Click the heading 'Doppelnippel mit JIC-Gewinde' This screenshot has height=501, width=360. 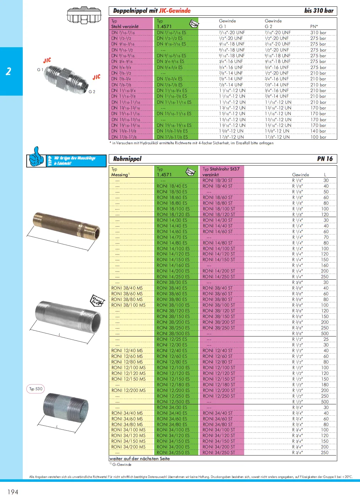[152, 11]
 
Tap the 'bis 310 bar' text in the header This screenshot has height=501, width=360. [319, 11]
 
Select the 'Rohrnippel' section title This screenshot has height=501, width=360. [127, 159]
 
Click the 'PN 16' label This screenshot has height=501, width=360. [325, 159]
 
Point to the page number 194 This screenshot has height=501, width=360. [13, 492]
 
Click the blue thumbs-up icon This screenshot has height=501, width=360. [36, 157]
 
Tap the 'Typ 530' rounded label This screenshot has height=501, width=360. [36, 389]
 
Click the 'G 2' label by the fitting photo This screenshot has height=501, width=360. [92, 92]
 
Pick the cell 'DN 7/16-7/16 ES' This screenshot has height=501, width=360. [171, 33]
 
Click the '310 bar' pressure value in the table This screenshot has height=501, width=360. [318, 33]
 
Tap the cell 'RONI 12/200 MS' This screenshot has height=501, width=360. [128, 390]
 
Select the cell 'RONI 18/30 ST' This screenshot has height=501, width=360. [217, 181]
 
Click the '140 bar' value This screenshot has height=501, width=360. [318, 131]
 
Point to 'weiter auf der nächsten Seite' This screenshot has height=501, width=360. [140, 458]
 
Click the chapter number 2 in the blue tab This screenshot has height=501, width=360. [9, 71]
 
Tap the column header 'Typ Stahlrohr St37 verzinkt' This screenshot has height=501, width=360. [221, 172]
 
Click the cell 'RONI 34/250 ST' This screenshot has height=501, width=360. [219, 453]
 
